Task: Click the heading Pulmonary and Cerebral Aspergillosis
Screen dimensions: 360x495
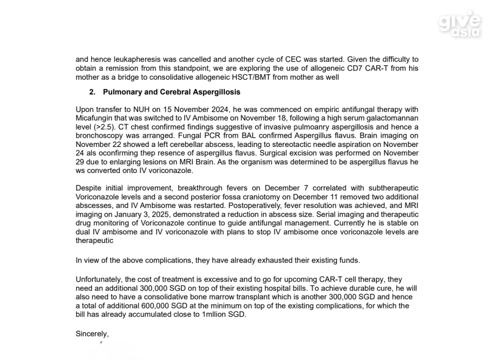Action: pyautogui.click(x=172, y=92)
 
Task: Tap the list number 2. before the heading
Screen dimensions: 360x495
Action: pyautogui.click(x=92, y=92)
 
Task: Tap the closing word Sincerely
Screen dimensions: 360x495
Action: pyautogui.click(x=92, y=334)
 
